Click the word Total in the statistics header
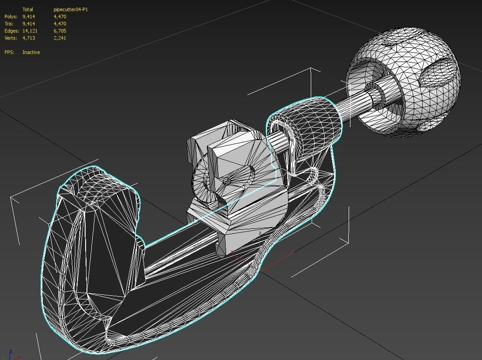pos(28,9)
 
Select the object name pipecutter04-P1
pos(70,9)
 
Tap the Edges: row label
pos(12,31)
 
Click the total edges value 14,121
pos(30,31)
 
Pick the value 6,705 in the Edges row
pos(60,31)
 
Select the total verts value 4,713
pos(29,38)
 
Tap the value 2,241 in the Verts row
pos(60,38)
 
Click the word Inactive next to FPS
pos(31,52)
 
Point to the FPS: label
pos(9,52)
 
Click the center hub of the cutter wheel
pos(229,180)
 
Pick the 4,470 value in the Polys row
pos(60,17)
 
